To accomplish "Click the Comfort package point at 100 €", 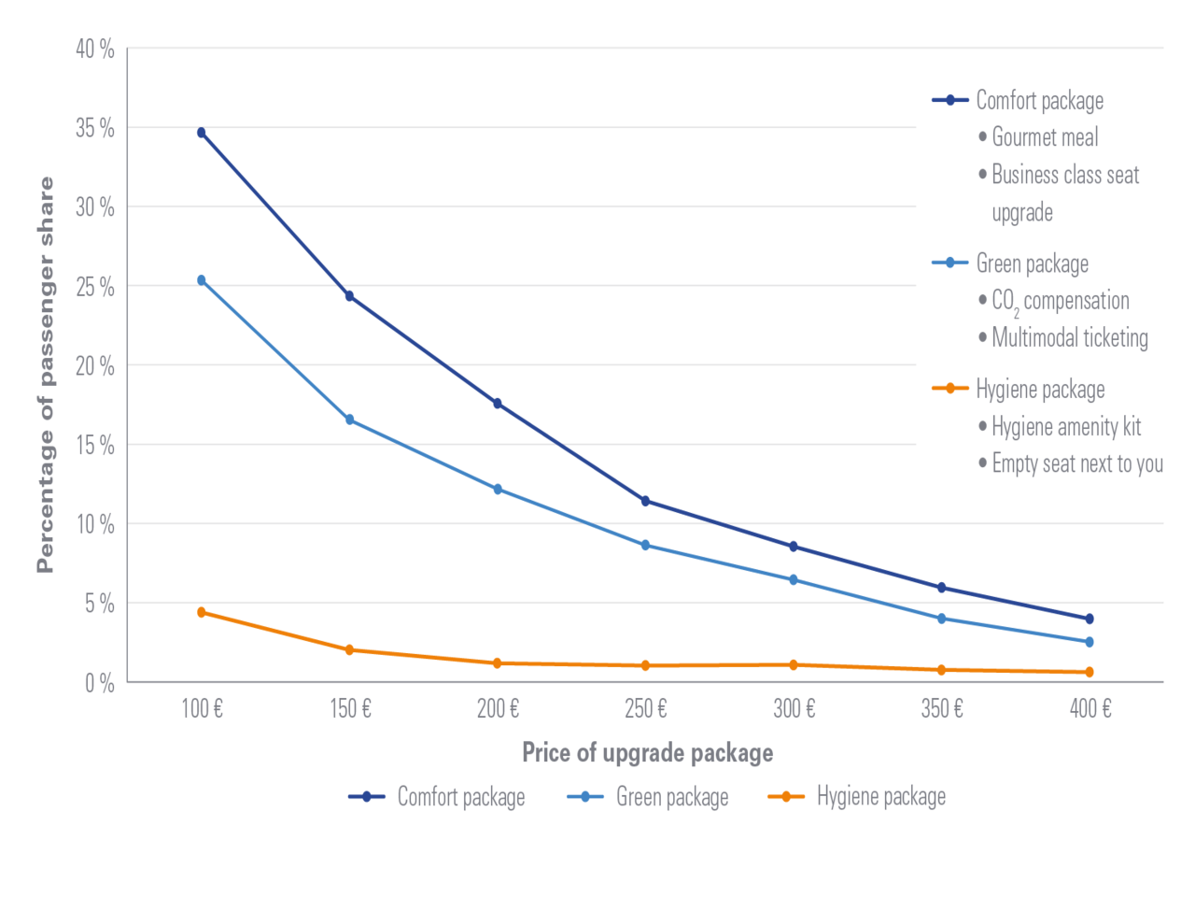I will click(201, 133).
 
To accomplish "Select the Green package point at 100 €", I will click(201, 279).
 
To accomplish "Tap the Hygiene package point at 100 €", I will click(201, 612).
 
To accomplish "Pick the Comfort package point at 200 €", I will click(498, 404).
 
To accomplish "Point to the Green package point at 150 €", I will click(350, 420).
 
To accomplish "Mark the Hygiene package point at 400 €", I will click(1090, 672).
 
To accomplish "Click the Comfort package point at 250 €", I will click(645, 501).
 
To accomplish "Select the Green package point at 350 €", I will click(942, 619).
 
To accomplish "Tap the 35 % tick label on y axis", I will click(95, 129).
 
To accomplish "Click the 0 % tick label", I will click(99, 683).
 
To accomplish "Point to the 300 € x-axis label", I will click(794, 709).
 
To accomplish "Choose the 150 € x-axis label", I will click(350, 709).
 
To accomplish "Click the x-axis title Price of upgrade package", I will click(647, 753).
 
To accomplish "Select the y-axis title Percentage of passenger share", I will click(45, 374).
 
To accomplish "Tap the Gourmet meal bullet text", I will click(1045, 137).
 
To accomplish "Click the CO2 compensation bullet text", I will click(1060, 301).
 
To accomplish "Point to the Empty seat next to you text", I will click(1077, 463).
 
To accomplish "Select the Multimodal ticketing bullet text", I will click(1070, 338).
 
